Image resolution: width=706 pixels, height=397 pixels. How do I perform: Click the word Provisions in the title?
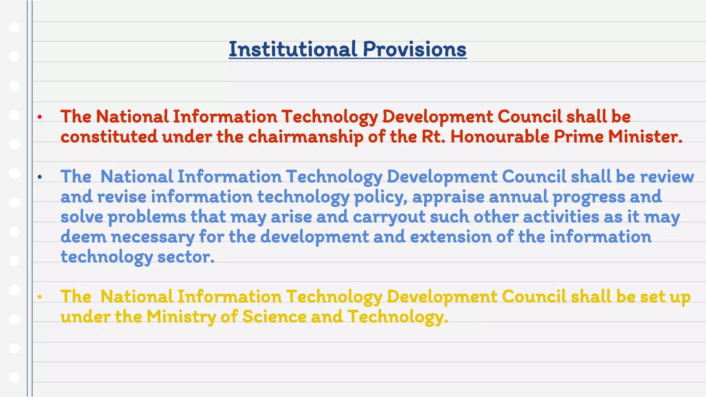click(415, 49)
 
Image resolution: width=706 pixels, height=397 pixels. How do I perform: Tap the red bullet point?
click(40, 117)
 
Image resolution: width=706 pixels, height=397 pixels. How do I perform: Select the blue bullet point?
click(40, 177)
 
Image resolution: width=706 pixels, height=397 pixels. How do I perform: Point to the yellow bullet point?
click(40, 297)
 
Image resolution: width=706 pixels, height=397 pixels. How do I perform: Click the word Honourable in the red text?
click(500, 136)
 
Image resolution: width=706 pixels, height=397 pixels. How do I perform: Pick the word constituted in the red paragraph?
click(109, 136)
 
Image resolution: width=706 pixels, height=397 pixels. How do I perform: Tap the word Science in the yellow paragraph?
click(274, 317)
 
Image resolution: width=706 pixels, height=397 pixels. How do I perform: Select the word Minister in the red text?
click(645, 136)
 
